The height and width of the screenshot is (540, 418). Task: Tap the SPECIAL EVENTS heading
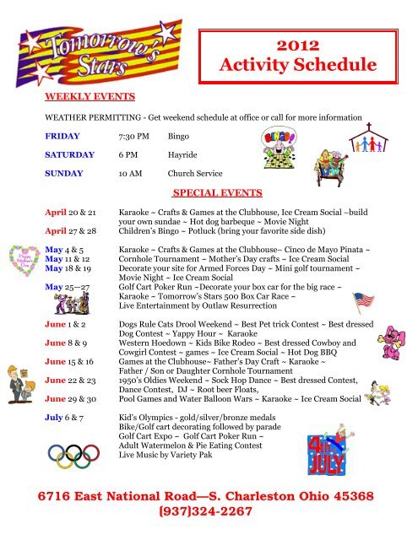[x=216, y=193]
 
